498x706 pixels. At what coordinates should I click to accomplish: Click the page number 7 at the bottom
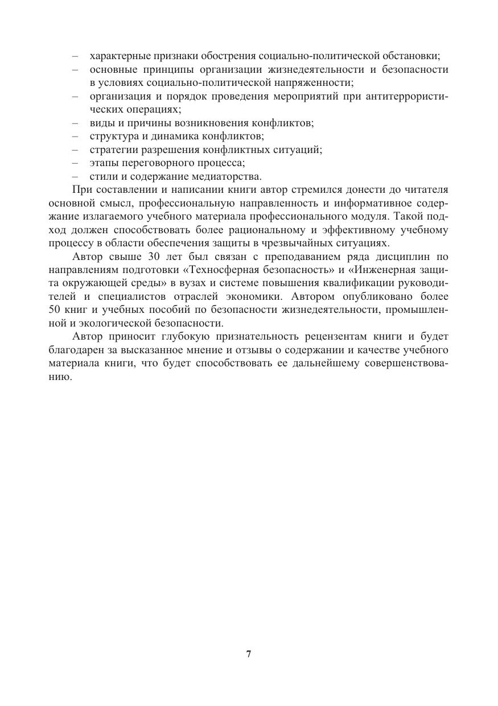pyautogui.click(x=249, y=654)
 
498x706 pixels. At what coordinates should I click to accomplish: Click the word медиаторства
pyautogui.click(x=231, y=176)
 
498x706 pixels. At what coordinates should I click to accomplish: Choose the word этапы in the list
pyautogui.click(x=102, y=163)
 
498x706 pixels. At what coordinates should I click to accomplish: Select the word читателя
pyautogui.click(x=426, y=190)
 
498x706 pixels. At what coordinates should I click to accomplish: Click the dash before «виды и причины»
pyautogui.click(x=76, y=123)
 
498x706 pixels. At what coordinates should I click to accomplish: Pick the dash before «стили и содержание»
pyautogui.click(x=76, y=177)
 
